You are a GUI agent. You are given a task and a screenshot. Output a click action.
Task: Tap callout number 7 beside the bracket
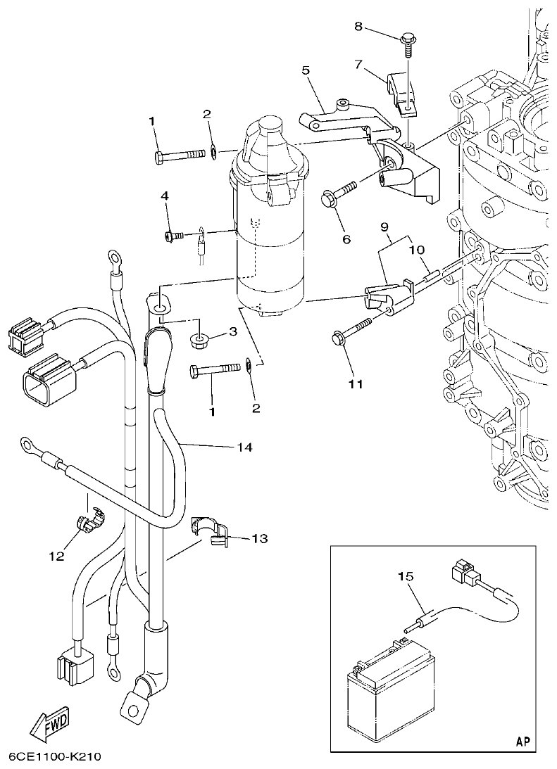point(359,64)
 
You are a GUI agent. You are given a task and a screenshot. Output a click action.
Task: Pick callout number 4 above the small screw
point(165,196)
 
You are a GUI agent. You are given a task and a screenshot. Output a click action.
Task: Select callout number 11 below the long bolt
point(356,383)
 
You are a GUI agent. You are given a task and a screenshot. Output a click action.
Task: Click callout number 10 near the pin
point(415,250)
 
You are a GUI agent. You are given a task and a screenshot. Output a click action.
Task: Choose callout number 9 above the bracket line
point(384,227)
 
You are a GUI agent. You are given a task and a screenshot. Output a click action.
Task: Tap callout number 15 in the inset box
point(406,576)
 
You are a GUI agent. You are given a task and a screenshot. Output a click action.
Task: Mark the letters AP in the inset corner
point(522,741)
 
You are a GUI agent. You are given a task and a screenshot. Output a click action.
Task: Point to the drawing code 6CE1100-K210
point(56,757)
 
